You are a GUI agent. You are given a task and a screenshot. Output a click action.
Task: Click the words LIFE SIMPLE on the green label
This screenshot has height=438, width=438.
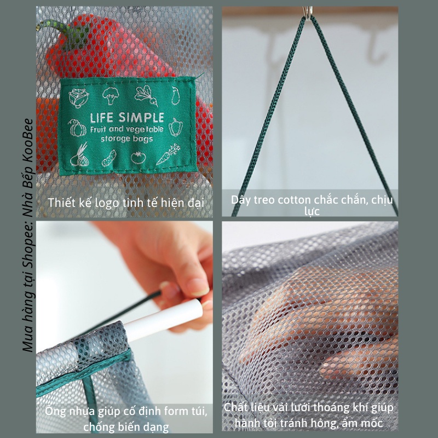click(127, 118)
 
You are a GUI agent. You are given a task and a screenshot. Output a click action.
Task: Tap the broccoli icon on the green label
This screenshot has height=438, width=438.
click(111, 95)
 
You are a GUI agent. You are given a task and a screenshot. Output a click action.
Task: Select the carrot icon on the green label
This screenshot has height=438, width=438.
click(168, 154)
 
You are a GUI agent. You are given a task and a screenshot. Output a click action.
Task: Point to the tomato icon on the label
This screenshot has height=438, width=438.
click(139, 157)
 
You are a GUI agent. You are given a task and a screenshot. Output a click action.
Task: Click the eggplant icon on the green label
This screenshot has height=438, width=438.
click(176, 95)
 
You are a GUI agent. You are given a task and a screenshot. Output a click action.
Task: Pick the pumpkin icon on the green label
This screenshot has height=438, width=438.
click(77, 128)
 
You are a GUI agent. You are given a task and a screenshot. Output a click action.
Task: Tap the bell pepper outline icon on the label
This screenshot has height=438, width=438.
click(176, 127)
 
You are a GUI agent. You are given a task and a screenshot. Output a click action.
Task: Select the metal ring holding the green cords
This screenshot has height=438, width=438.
click(308, 13)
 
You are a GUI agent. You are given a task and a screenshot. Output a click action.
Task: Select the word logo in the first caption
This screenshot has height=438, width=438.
click(107, 203)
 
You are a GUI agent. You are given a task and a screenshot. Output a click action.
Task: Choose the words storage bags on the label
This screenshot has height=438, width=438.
click(127, 139)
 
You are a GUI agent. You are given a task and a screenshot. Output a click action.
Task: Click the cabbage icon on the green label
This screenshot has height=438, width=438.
click(78, 98)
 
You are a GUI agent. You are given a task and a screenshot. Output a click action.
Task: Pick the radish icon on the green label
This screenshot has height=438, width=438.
click(146, 95)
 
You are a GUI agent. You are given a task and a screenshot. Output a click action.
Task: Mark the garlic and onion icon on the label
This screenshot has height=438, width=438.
click(79, 157)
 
